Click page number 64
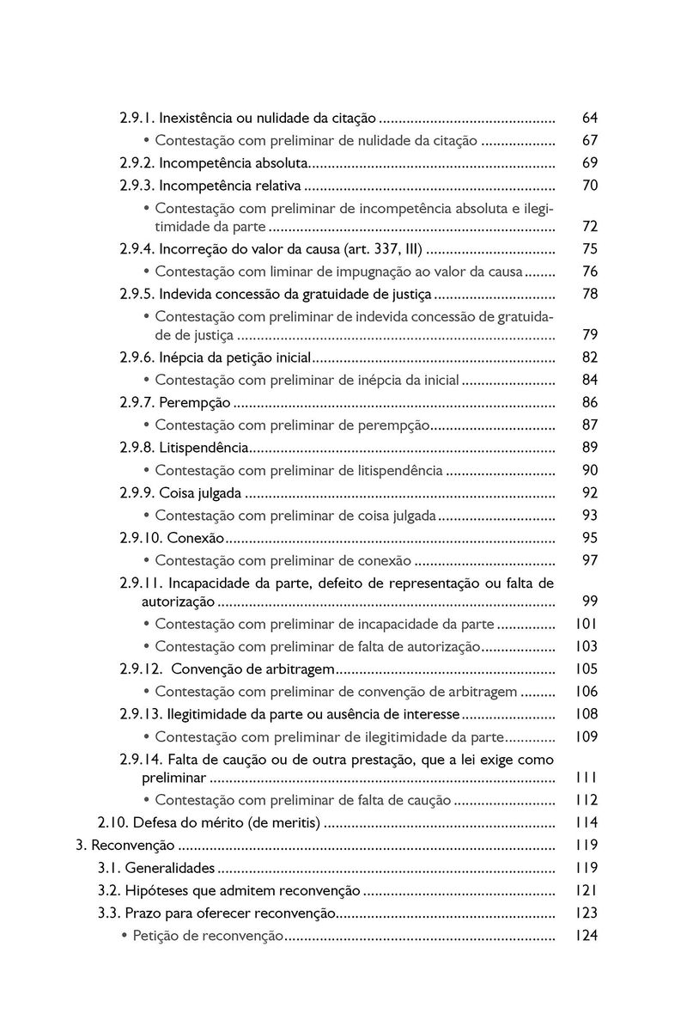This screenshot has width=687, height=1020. tap(589, 118)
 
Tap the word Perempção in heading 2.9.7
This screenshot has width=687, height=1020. tap(195, 403)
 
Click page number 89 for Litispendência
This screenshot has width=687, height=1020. tap(589, 448)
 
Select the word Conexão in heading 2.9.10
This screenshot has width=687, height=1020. tap(195, 539)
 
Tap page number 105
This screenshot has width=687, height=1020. tap(587, 669)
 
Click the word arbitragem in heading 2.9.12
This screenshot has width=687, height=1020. tap(291, 669)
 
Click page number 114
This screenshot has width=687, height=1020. tap(587, 823)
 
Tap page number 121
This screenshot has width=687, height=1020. tap(587, 890)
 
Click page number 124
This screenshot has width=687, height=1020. tap(587, 935)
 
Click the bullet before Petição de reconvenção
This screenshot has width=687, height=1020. tap(125, 935)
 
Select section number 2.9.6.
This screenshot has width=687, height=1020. tap(137, 357)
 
